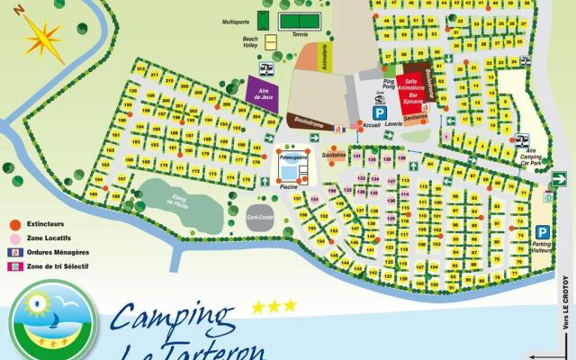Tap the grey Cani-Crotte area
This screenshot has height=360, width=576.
(x=263, y=215)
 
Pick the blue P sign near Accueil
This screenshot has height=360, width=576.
(x=380, y=112)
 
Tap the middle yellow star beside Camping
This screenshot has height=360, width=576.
(x=274, y=306)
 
